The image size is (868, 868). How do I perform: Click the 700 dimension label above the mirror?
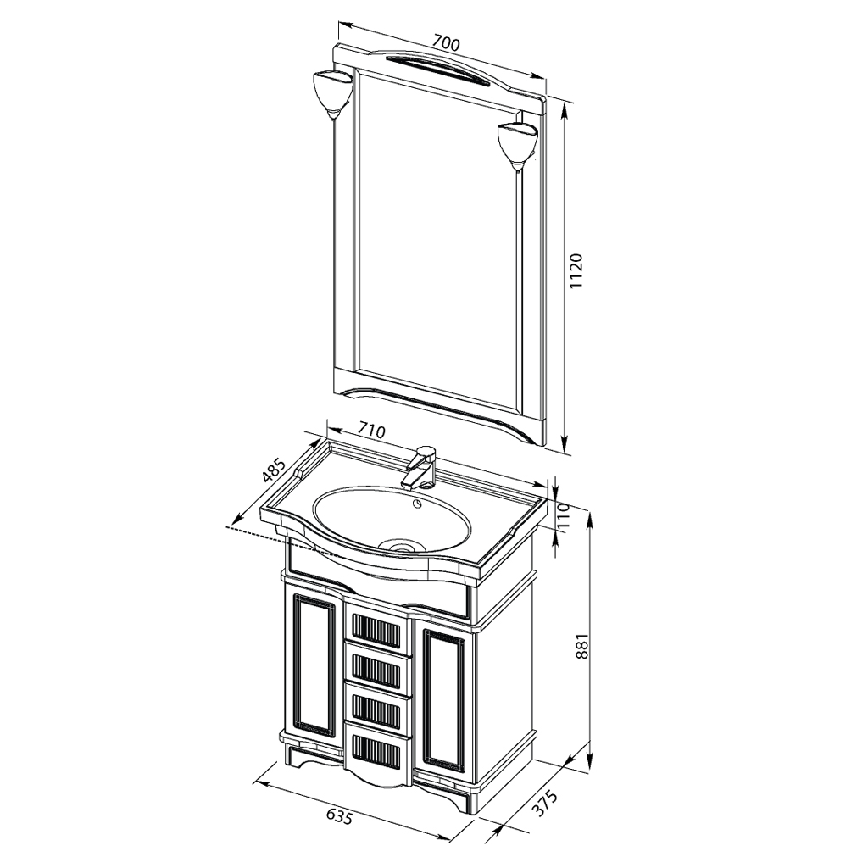(446, 42)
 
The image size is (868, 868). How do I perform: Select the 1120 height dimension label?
(577, 270)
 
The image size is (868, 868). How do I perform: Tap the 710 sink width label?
(371, 430)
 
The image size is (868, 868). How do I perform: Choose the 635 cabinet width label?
(338, 816)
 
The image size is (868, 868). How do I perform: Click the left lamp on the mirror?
(331, 93)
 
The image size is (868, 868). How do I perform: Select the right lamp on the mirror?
(517, 145)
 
